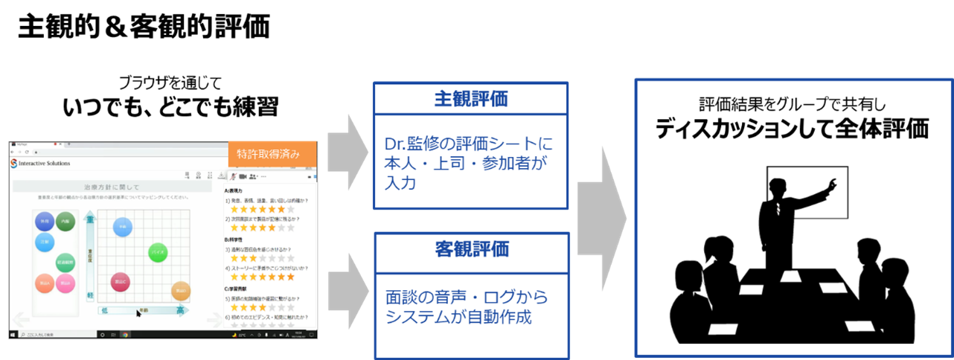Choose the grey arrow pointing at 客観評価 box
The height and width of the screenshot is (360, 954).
pyautogui.click(x=347, y=287)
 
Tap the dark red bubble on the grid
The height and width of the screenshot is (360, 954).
pyautogui.click(x=121, y=281)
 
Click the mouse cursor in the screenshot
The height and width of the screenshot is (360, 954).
pyautogui.click(x=138, y=313)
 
